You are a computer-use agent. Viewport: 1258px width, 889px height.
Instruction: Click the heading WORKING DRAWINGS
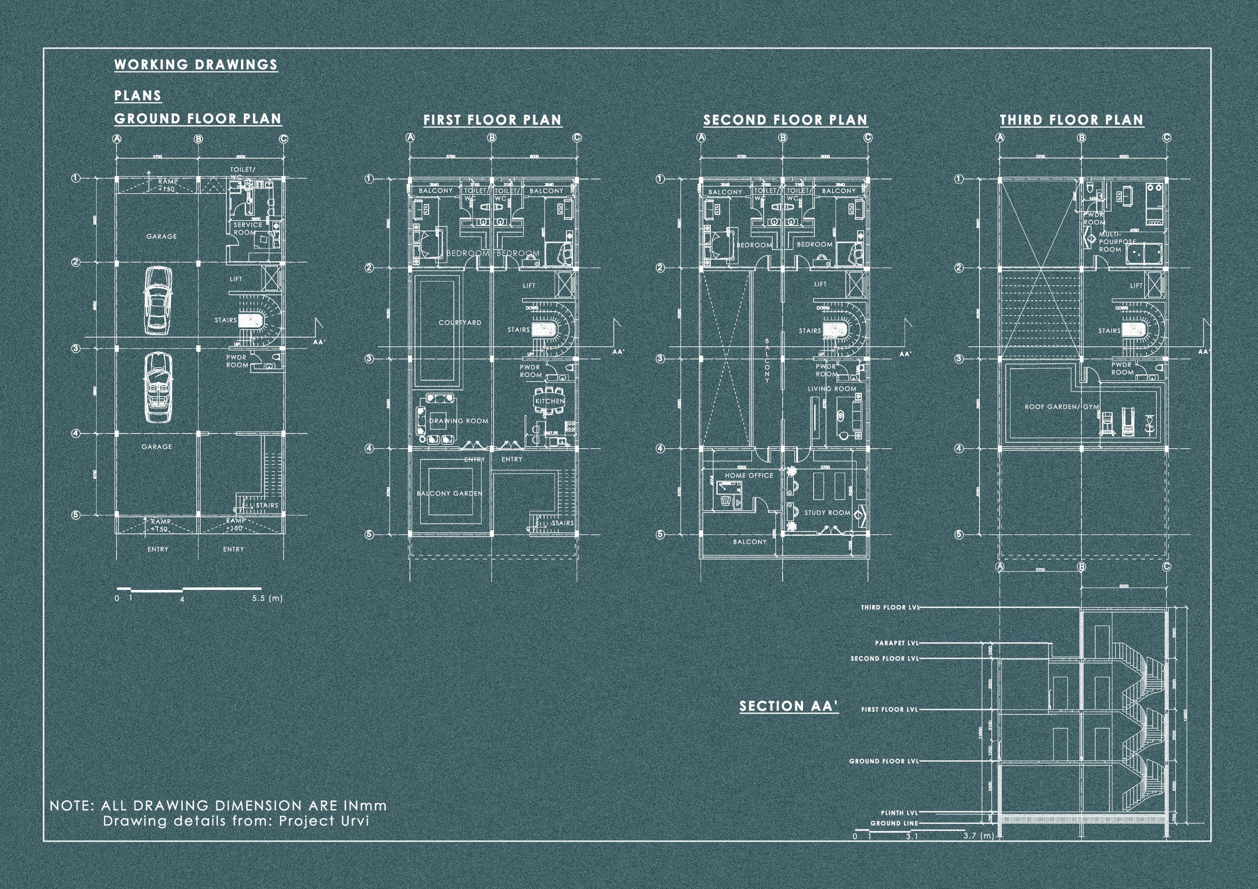[196, 65]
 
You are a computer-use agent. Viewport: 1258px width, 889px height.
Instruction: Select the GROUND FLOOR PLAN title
[198, 119]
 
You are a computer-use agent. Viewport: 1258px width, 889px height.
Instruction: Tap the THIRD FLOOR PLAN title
[1072, 120]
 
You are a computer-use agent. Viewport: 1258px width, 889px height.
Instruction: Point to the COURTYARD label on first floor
[460, 323]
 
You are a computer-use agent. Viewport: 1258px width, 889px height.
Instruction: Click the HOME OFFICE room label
[748, 476]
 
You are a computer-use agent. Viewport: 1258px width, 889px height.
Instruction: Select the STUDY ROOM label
[827, 513]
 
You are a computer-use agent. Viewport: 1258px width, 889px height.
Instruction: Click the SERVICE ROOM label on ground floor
[248, 228]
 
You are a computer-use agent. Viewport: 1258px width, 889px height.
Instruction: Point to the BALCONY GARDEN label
[449, 493]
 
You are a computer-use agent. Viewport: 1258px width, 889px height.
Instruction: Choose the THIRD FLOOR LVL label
[889, 607]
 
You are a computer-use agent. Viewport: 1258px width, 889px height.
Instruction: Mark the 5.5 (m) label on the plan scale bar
[267, 599]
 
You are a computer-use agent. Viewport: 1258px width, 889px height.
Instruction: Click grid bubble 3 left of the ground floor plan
[76, 348]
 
